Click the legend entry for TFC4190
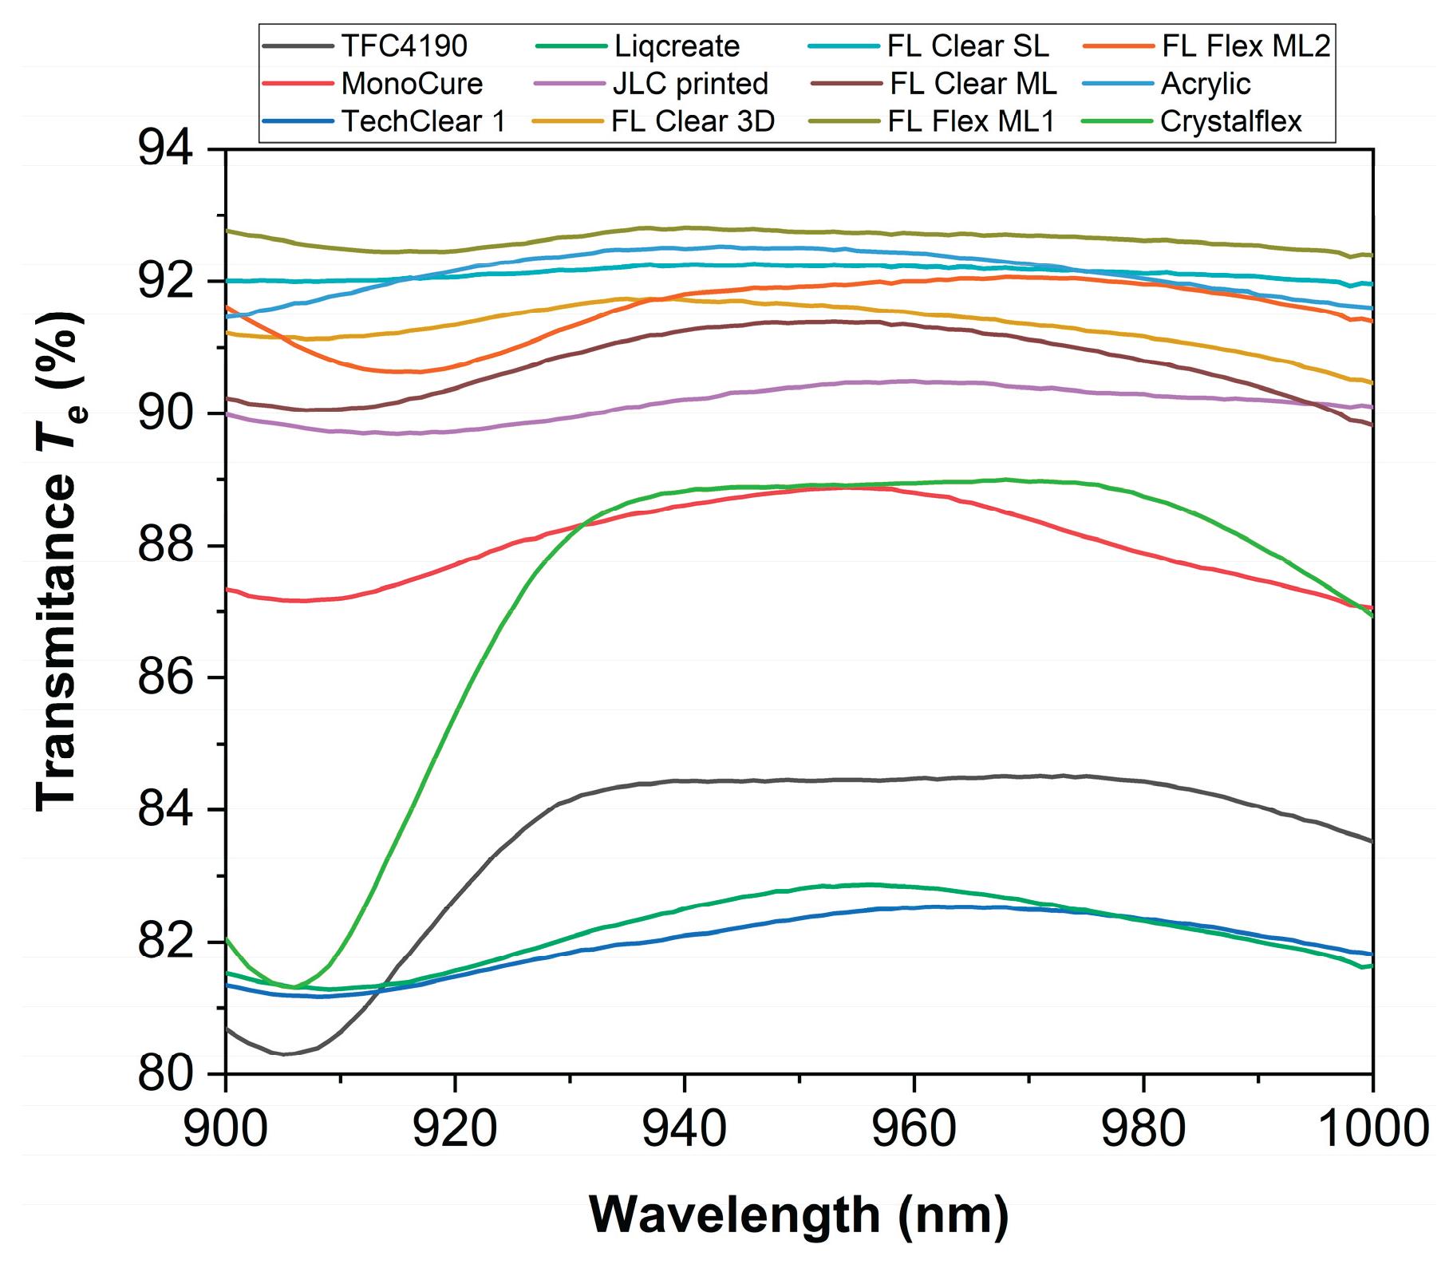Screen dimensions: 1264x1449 (404, 46)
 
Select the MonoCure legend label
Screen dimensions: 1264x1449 (412, 84)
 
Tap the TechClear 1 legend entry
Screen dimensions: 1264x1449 (424, 121)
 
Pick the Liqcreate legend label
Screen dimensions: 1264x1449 (677, 46)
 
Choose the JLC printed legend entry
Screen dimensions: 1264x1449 (690, 84)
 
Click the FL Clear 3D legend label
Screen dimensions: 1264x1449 (693, 121)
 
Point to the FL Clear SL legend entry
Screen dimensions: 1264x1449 (968, 46)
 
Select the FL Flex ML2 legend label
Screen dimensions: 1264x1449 (1246, 46)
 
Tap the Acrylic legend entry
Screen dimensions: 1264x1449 (1205, 84)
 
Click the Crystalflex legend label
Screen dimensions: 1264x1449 (1230, 121)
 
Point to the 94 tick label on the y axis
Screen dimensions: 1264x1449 (165, 149)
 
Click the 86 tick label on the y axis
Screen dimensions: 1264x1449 (165, 677)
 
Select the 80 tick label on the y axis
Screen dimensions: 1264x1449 (165, 1074)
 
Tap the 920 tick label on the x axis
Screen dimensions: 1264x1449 (455, 1130)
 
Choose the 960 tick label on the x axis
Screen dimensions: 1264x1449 (914, 1130)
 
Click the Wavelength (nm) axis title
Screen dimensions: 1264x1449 (799, 1215)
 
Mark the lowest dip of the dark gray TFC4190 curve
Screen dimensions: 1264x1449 (284, 1054)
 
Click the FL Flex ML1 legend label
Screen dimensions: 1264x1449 (971, 121)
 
